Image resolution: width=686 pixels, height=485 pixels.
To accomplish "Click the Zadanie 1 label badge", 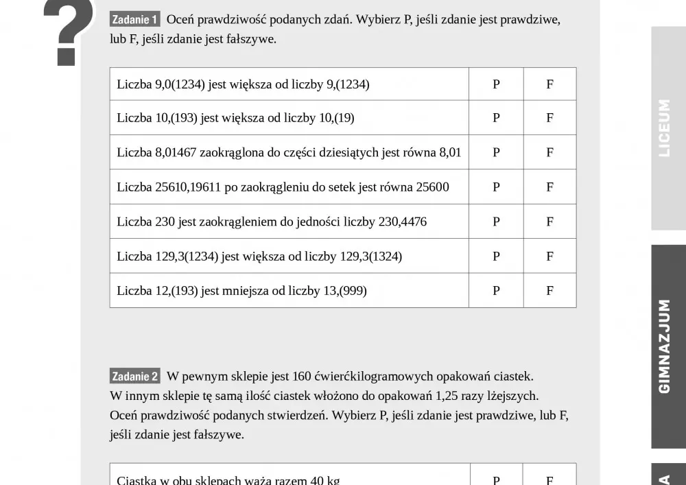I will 134,20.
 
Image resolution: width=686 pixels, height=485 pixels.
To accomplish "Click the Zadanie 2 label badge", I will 134,377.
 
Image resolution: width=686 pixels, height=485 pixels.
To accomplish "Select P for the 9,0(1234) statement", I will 496,84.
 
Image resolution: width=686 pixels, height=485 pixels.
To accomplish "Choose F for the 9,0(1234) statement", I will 549,84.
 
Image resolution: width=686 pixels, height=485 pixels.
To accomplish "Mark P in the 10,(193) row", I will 496,118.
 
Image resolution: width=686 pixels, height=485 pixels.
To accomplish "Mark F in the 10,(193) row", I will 549,118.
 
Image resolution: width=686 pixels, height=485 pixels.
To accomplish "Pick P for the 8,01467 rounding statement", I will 496,152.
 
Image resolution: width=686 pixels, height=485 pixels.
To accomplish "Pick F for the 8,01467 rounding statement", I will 549,152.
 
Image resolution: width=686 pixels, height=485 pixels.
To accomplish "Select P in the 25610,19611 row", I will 496,187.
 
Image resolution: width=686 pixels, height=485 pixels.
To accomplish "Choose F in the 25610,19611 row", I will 549,187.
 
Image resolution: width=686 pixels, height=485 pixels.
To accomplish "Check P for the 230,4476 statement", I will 496,222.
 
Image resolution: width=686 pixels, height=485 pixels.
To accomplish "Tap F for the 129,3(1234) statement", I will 549,257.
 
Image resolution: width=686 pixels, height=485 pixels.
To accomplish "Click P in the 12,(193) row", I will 496,291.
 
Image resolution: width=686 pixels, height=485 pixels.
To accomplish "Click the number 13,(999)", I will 345,291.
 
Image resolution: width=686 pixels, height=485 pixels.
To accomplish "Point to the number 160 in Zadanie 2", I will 302,377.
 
